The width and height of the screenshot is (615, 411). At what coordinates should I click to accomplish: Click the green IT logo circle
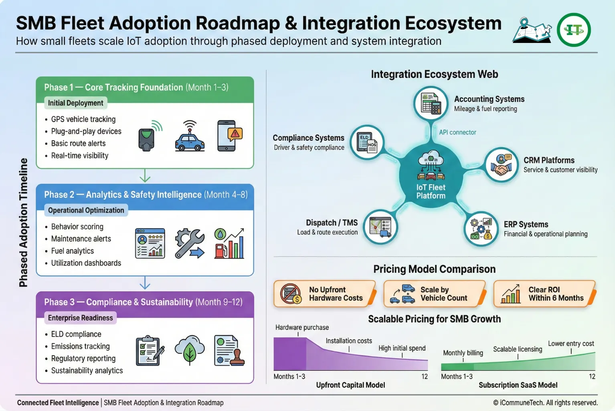pos(574,30)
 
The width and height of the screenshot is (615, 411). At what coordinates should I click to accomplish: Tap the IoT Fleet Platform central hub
pos(431,175)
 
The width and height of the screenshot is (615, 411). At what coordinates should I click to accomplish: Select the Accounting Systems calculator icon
pos(431,103)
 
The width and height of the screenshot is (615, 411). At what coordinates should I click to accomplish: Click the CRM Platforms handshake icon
pos(502,165)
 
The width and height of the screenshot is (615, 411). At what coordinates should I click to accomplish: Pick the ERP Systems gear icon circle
pos(481,229)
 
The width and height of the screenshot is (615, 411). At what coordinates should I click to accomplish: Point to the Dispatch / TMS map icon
pos(380,226)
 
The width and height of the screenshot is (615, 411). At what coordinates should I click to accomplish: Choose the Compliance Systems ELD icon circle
pos(367,142)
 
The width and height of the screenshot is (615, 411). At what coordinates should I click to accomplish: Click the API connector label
pos(457,132)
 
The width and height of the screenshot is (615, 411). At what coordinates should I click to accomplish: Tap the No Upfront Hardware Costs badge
pos(325,294)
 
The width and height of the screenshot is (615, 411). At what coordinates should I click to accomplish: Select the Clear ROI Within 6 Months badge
pos(544,294)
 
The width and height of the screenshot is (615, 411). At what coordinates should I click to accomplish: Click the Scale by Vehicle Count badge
pos(435,294)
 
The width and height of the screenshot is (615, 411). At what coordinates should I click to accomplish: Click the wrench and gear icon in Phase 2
pos(190,243)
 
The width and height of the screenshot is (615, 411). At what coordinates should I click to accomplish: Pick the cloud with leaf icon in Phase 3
pos(190,350)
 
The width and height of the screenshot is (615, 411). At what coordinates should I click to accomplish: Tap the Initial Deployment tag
pos(76,103)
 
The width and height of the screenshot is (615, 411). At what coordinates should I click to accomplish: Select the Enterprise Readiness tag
pos(81,318)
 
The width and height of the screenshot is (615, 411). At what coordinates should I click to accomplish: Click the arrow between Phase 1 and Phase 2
pos(145,176)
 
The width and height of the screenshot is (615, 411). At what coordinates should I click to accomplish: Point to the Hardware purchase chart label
pos(302,328)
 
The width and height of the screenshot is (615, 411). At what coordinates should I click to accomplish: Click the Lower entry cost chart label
pos(571,344)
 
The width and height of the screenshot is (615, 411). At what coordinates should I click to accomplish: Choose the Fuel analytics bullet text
pos(73,251)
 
